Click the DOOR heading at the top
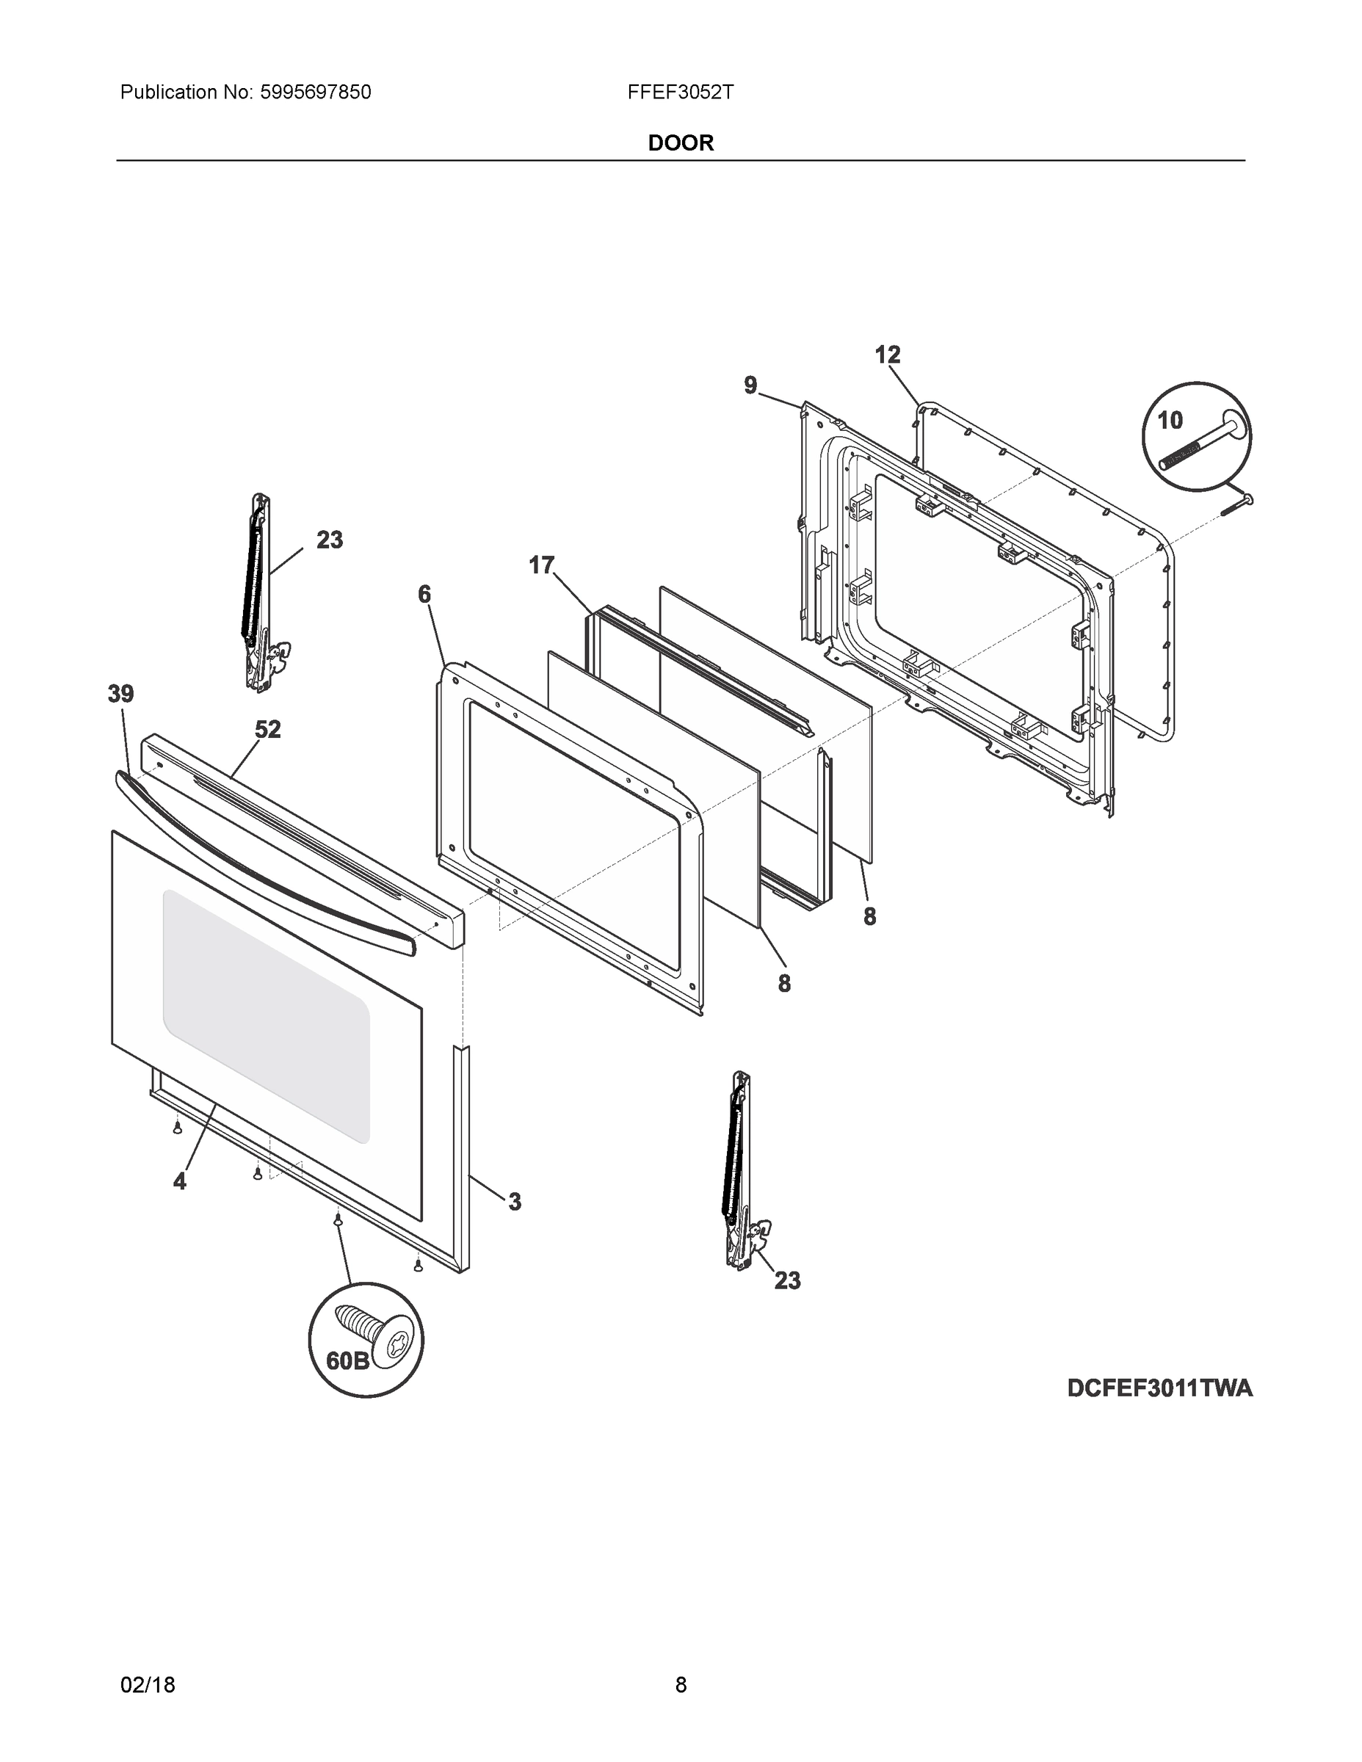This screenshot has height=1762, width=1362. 680,143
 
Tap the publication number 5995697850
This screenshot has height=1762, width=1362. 315,93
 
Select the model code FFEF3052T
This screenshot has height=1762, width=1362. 680,93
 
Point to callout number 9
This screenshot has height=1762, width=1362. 750,385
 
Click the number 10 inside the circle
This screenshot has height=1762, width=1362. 1169,421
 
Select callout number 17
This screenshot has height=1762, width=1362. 541,565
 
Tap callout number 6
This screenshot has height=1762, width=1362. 424,595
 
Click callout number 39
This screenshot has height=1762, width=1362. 121,694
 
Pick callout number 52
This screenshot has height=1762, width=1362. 268,729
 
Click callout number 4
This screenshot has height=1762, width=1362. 179,1181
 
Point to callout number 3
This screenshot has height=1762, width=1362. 515,1201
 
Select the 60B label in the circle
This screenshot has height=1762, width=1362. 347,1361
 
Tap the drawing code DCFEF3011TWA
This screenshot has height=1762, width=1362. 1159,1388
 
